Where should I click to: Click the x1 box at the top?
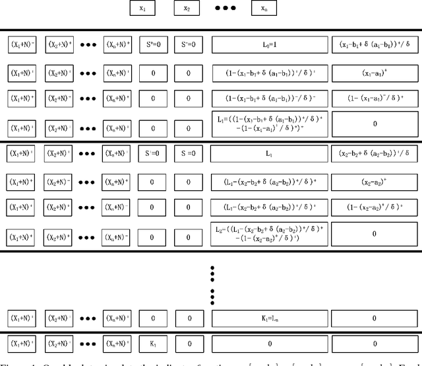143,9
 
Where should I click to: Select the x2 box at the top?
187,9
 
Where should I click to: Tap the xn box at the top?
264,9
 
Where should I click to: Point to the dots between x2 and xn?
226,9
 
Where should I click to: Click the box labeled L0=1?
270,45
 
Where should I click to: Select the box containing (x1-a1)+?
375,72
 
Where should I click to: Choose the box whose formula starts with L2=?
270,233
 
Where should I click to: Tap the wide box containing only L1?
270,153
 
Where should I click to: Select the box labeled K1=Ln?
270,318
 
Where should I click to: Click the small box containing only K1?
153,344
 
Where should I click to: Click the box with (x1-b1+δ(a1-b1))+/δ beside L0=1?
375,45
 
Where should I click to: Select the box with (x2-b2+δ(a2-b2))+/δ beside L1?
375,153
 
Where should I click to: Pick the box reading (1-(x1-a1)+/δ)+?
375,98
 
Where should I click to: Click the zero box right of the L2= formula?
375,233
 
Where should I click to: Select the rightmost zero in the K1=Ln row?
375,318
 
